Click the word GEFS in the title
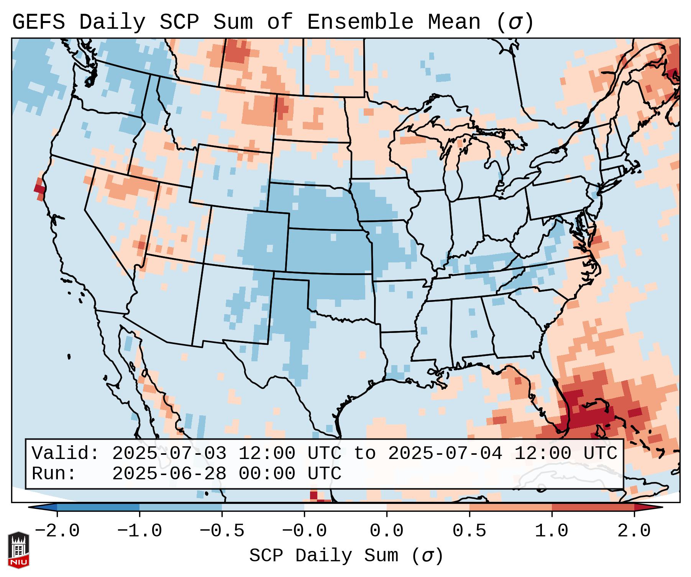[x=38, y=22]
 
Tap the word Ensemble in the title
[x=360, y=22]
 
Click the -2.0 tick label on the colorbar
[x=57, y=531]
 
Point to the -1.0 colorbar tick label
[x=140, y=531]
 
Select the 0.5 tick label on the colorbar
[x=469, y=531]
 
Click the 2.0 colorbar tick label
[x=634, y=531]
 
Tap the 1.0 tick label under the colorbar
[x=551, y=531]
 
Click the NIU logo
[x=18, y=550]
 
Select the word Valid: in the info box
[x=66, y=453]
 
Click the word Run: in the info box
[x=54, y=474]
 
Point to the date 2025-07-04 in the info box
[x=445, y=453]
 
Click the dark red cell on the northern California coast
[x=39, y=189]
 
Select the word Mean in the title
[x=454, y=22]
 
